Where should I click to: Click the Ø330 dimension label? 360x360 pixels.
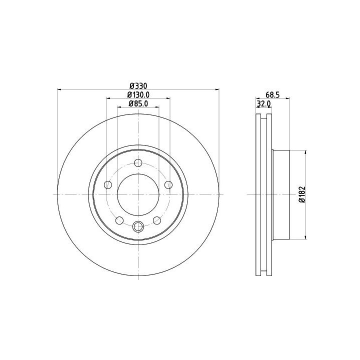tap(138, 86)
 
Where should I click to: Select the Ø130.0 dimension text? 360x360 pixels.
tap(138, 94)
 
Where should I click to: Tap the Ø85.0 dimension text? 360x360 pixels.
tap(138, 103)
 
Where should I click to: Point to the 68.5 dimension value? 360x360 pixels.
tap(272, 95)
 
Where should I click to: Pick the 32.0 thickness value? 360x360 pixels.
tap(263, 104)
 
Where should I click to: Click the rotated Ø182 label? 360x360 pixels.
tap(302, 194)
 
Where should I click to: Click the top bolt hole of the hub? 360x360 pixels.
tap(138, 163)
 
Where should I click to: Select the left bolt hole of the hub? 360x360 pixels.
tap(108, 184)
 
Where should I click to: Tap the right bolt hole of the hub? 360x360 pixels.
tap(168, 184)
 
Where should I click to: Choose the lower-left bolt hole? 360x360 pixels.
tap(119, 220)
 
